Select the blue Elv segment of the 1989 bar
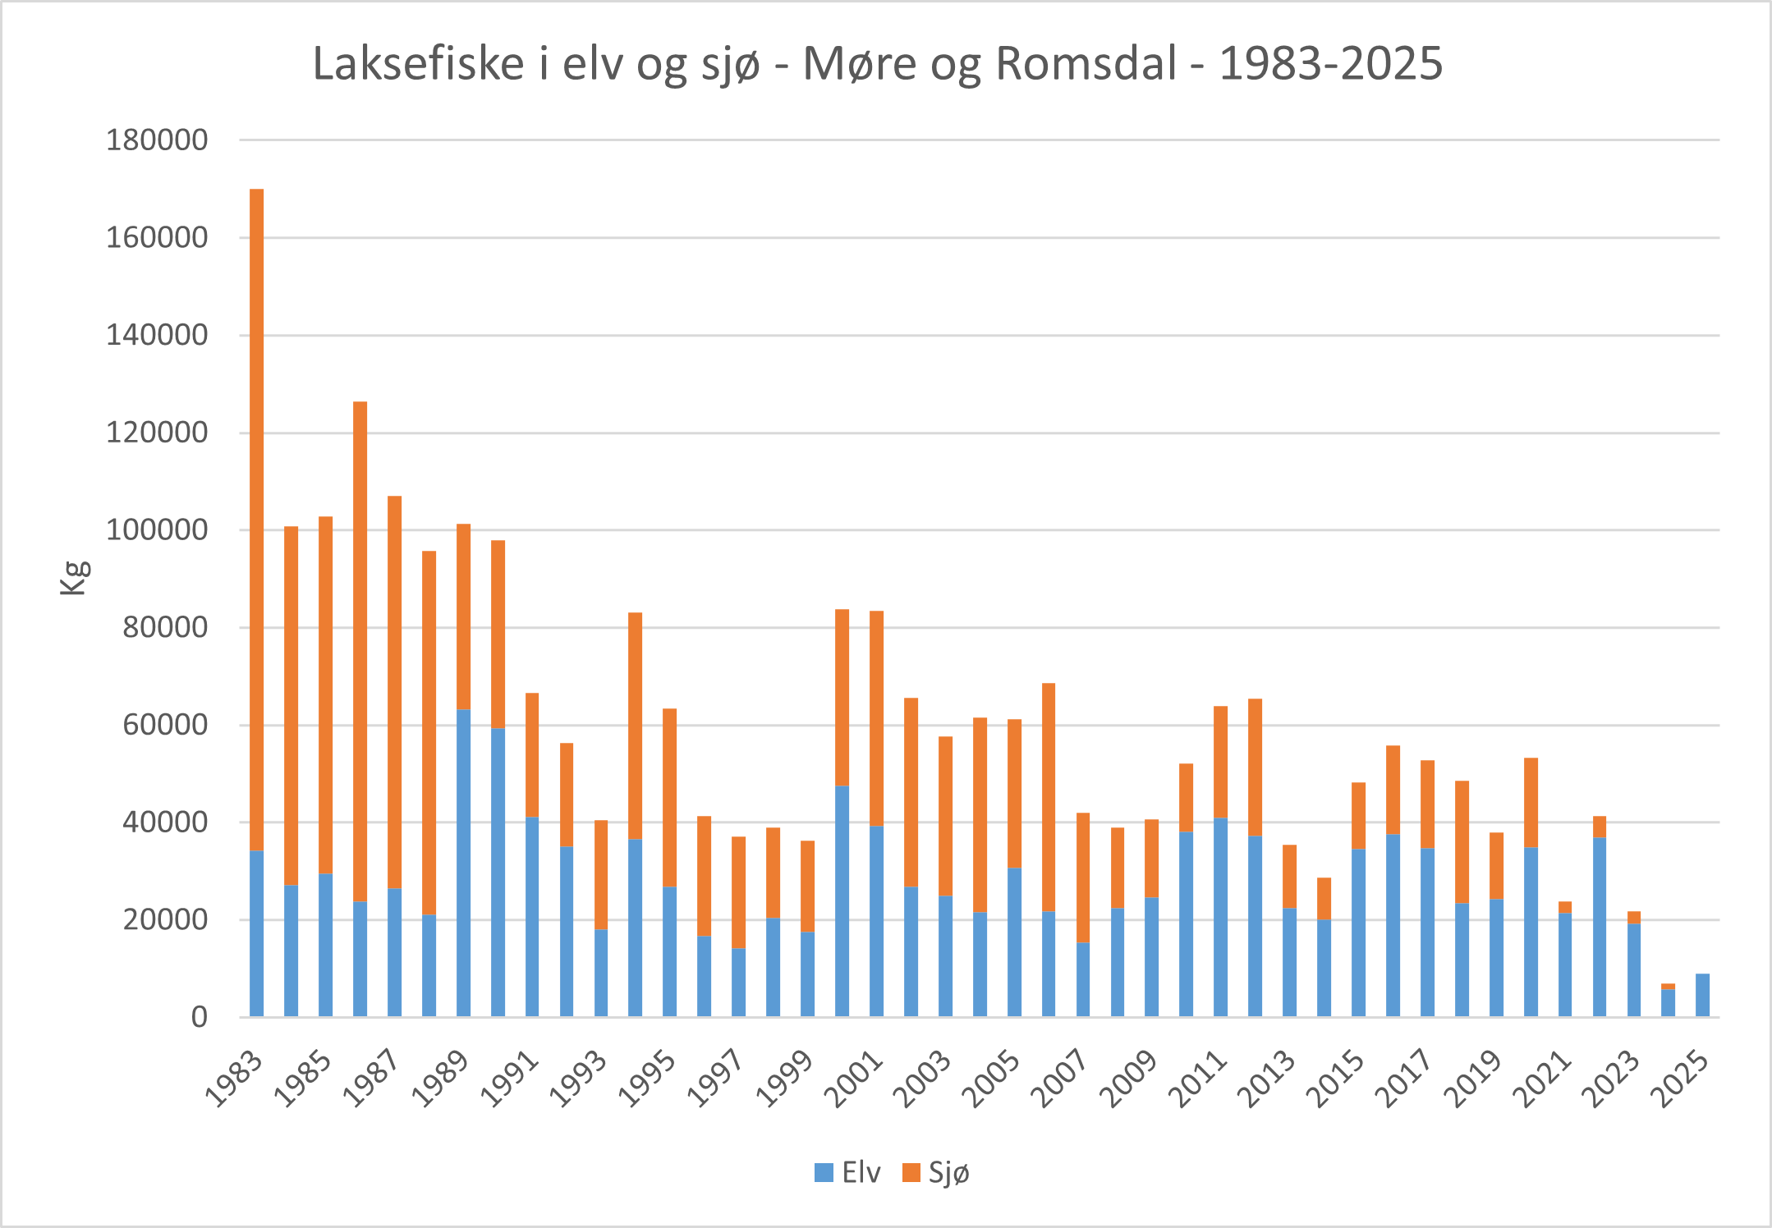point(464,862)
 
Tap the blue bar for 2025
point(1702,996)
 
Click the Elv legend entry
point(847,1173)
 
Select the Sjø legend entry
point(936,1173)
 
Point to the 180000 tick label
point(157,140)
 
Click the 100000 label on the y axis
point(157,530)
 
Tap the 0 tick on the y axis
point(199,1018)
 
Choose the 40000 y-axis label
point(165,822)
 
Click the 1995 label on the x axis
point(649,1079)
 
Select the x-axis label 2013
point(1268,1079)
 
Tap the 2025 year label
point(1681,1079)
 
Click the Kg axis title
point(74,577)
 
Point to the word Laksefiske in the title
point(418,63)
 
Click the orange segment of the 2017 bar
point(1427,804)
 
